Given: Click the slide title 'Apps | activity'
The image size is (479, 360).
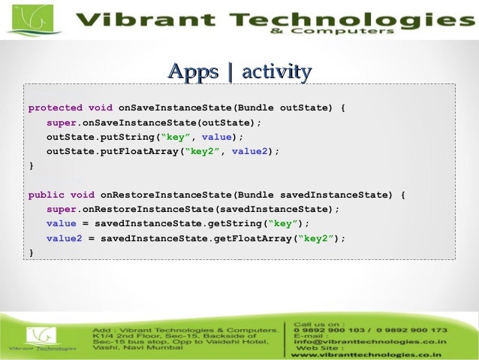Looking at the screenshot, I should pyautogui.click(x=239, y=73).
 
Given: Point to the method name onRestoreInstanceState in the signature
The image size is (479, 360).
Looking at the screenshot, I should pyautogui.click(x=167, y=195).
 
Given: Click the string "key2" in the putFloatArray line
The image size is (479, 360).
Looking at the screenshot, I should pyautogui.click(x=202, y=151).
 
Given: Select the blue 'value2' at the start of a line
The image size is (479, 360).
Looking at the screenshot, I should pyautogui.click(x=64, y=238).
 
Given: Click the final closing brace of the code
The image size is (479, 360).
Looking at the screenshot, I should pyautogui.click(x=31, y=253).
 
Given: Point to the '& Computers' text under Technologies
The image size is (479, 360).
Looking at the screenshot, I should pyautogui.click(x=353, y=32).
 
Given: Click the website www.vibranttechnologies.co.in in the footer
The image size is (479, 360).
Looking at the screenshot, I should pyautogui.click(x=366, y=354).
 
